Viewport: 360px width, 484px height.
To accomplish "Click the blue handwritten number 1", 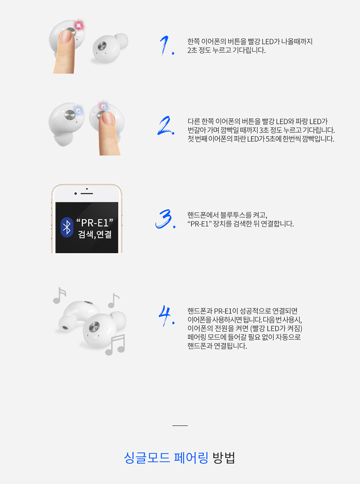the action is coord(166,45).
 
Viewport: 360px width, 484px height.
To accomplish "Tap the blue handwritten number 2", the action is coord(166,126).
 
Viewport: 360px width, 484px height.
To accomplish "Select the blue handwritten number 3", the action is coord(165,219).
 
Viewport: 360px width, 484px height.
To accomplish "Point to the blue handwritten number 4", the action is coord(166,316).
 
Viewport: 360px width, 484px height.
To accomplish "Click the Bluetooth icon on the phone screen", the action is coord(67,227).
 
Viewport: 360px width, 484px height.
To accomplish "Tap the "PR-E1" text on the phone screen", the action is coord(94,222).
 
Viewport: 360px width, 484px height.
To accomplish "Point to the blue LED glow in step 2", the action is coord(78,110).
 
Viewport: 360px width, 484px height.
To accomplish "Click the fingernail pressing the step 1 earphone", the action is coord(65,36).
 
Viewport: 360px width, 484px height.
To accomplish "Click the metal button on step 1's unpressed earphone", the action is coord(102,46).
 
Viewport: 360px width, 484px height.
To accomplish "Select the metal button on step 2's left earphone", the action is coord(70,115).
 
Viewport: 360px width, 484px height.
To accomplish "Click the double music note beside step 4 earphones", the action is coord(115,344).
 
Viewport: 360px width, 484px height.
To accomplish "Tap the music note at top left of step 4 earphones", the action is coord(59,295).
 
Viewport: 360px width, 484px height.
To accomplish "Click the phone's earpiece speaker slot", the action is coord(87,194).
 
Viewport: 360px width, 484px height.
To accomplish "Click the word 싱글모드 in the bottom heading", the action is coord(147,457).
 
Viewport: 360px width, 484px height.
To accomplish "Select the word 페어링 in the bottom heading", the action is coord(191,457).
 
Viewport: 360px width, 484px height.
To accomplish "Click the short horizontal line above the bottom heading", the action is coord(180,425).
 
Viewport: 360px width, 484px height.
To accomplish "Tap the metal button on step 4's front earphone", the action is coord(94,326).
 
